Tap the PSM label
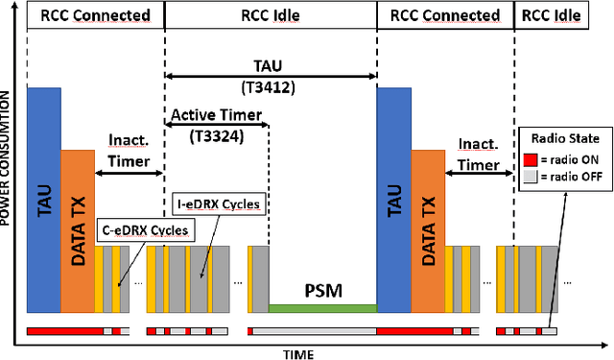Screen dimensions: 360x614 pos(323,289)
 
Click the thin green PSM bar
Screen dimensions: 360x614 pos(322,307)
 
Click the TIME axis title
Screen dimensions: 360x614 pos(297,352)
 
